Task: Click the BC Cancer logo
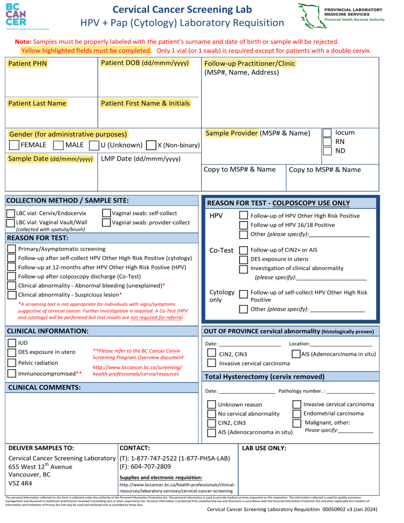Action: pyautogui.click(x=16, y=15)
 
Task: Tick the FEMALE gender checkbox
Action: pyautogui.click(x=14, y=145)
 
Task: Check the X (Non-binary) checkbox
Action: pyautogui.click(x=151, y=145)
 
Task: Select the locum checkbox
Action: pyautogui.click(x=327, y=133)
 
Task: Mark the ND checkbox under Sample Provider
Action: pyautogui.click(x=327, y=151)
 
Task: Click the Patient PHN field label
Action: pyautogui.click(x=27, y=64)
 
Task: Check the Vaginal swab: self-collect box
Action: pyautogui.click(x=107, y=213)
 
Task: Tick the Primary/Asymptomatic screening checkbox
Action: pyautogui.click(x=12, y=249)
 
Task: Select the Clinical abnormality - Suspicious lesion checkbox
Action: pyautogui.click(x=12, y=295)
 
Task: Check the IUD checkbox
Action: pyautogui.click(x=12, y=343)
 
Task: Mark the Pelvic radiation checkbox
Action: pyautogui.click(x=12, y=363)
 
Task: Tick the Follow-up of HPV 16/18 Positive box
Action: pyautogui.click(x=243, y=225)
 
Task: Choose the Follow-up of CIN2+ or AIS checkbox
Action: pyautogui.click(x=243, y=250)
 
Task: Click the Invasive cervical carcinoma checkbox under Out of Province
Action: pyautogui.click(x=212, y=363)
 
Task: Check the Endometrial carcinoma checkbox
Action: pyautogui.click(x=297, y=414)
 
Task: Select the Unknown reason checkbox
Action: pyautogui.click(x=212, y=405)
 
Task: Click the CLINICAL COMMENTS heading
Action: pyautogui.click(x=45, y=387)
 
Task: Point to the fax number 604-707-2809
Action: pyautogui.click(x=151, y=466)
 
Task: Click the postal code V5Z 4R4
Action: pyautogui.click(x=20, y=483)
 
